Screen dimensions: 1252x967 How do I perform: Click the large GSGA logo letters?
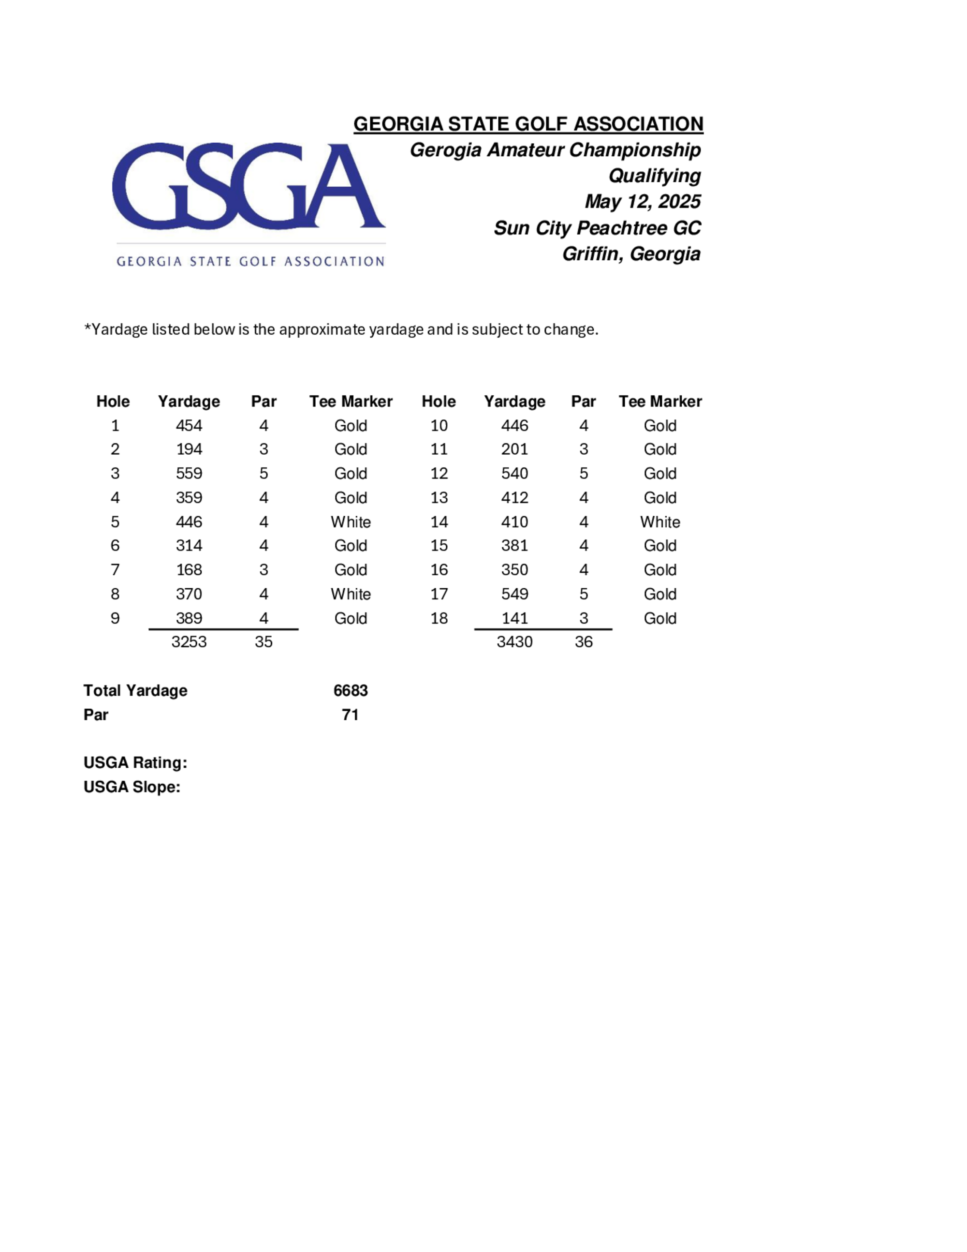pos(248,186)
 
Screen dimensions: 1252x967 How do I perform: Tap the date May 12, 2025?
pos(642,202)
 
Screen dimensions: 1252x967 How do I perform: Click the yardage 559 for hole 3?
pos(189,474)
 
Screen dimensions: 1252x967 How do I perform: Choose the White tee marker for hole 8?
pos(351,594)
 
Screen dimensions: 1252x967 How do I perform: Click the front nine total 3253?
pos(189,641)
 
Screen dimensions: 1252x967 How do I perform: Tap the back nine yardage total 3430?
pos(514,641)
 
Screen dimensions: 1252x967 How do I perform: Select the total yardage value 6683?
pos(351,690)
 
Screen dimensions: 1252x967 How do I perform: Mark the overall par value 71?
pos(350,715)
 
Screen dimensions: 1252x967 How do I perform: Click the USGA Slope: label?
pos(132,787)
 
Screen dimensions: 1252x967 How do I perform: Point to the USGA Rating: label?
pos(135,763)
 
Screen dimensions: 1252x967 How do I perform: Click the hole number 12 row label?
pos(439,474)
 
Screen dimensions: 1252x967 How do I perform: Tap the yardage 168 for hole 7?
pos(189,570)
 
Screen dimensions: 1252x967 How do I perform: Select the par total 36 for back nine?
pos(584,641)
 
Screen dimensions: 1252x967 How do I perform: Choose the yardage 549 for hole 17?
pos(514,594)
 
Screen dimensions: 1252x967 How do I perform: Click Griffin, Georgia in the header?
pos(631,254)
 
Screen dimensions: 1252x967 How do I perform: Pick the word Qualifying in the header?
pos(654,176)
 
